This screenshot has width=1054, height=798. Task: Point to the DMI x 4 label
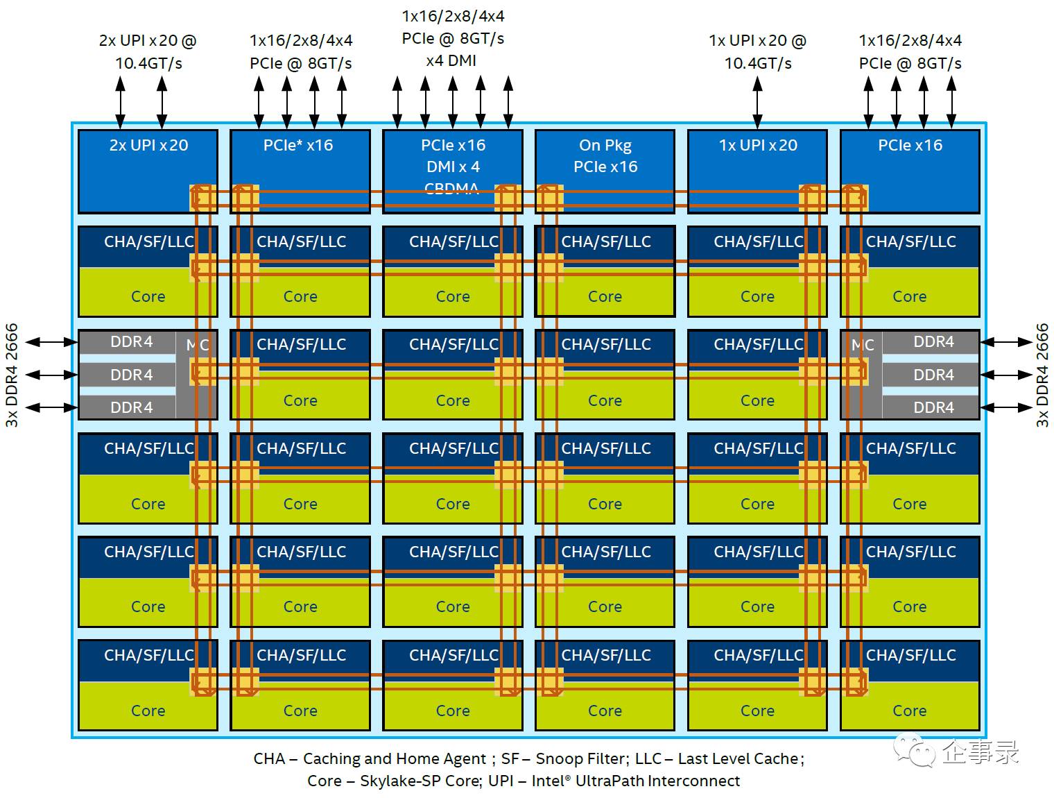[453, 167]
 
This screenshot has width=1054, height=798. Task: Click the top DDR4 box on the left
[131, 341]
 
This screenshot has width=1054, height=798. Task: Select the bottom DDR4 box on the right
[933, 407]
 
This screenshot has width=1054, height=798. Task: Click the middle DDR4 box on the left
[131, 375]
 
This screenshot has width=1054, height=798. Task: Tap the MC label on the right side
[863, 345]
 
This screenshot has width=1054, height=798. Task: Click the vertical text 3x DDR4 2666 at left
[12, 375]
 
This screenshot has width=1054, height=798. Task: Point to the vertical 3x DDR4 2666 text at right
[1042, 375]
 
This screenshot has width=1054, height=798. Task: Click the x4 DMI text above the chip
[451, 60]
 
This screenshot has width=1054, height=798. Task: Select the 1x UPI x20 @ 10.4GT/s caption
[757, 51]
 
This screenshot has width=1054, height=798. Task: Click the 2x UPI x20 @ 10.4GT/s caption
[148, 51]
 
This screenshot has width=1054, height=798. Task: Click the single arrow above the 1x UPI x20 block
[757, 103]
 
